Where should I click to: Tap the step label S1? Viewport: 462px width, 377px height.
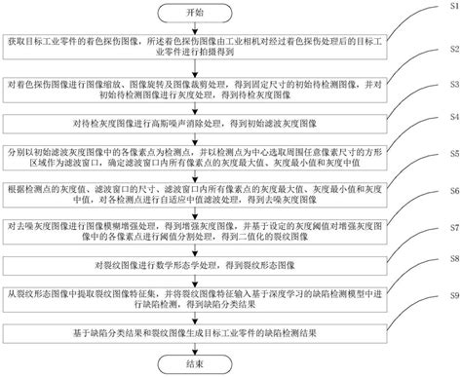[x=445, y=29]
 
